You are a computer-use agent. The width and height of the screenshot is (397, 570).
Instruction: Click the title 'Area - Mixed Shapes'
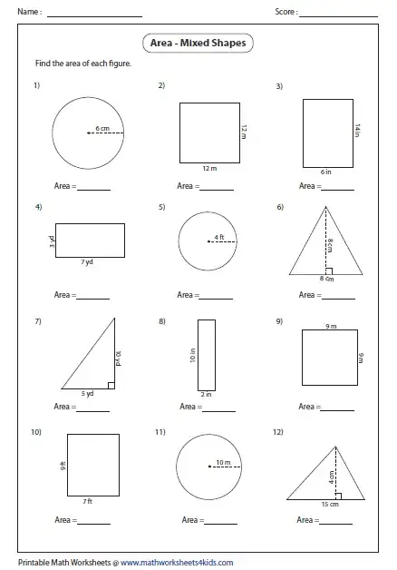coord(198,42)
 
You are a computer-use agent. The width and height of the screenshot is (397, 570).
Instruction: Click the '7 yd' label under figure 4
coord(88,260)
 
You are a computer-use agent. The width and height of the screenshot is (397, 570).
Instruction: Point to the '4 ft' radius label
coord(218,238)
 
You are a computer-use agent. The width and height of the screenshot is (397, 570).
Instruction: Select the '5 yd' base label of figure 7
coord(89,394)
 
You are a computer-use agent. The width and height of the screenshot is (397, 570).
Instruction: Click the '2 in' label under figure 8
coord(205,395)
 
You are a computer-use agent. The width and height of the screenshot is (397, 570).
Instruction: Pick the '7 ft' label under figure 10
coord(88,501)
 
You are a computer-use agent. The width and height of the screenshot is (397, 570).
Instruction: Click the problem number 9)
coord(280,321)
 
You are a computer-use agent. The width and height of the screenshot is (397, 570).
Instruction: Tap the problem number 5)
coord(161,207)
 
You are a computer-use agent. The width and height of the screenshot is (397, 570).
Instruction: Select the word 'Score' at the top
coord(284,13)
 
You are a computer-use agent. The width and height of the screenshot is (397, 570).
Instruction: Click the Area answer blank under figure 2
coord(218,188)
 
